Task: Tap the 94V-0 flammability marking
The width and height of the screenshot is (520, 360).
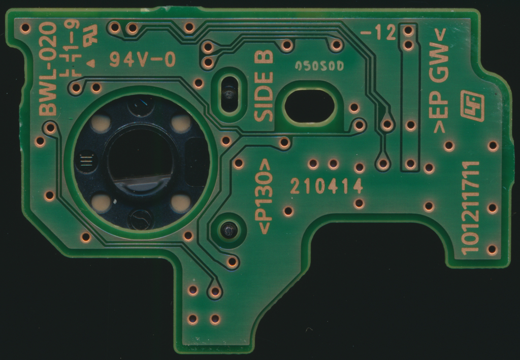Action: point(142,60)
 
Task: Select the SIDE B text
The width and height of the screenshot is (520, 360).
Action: point(264,85)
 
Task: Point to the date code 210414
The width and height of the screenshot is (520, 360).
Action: point(327,186)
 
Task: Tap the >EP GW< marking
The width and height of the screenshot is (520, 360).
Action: point(440,81)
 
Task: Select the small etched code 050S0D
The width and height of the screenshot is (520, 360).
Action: point(319,66)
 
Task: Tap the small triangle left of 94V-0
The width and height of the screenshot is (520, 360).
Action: point(92,63)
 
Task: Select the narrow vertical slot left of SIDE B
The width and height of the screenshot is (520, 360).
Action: point(230,93)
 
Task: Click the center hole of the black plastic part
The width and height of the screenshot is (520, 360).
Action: point(139,158)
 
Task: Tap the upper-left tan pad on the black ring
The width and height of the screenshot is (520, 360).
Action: point(102,123)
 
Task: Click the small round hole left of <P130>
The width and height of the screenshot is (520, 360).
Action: point(228,231)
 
